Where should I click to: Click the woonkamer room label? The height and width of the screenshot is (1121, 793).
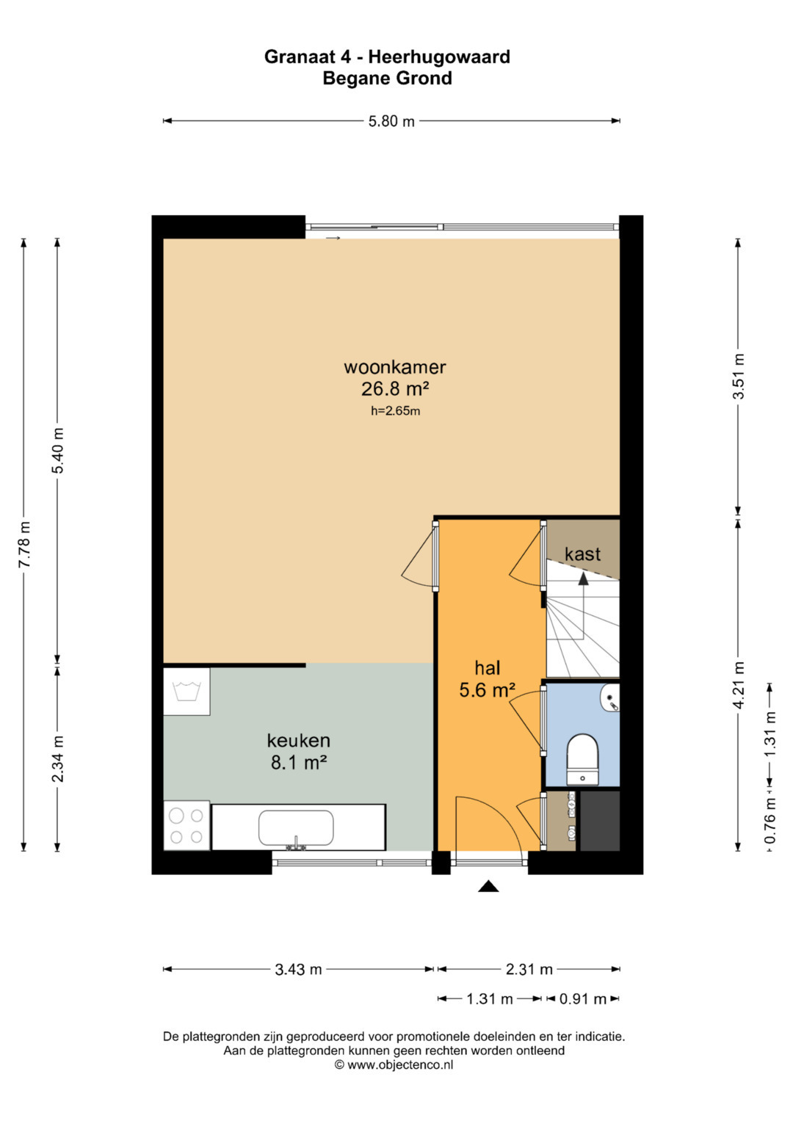[394, 367]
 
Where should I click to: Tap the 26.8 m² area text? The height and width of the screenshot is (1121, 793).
[396, 389]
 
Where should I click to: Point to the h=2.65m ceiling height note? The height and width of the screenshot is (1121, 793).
[395, 411]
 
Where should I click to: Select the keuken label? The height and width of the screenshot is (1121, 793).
[298, 740]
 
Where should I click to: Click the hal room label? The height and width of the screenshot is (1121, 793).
[487, 668]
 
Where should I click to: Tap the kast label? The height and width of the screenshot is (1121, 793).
[582, 554]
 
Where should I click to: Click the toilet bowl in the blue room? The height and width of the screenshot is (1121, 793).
[583, 758]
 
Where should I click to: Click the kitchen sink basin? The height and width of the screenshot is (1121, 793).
[296, 828]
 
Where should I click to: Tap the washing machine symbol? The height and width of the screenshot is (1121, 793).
[187, 692]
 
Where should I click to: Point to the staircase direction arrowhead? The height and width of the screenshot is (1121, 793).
[583, 578]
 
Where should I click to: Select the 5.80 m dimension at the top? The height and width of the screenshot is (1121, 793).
[391, 121]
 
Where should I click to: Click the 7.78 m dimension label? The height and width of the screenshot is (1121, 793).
[23, 544]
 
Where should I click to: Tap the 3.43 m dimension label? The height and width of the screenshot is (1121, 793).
[298, 969]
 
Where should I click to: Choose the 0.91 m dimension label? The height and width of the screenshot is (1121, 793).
[583, 999]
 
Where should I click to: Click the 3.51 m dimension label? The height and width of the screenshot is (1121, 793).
[738, 377]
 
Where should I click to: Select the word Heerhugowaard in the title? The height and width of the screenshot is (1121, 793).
[439, 57]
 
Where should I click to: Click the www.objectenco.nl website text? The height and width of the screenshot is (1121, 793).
[400, 1064]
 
